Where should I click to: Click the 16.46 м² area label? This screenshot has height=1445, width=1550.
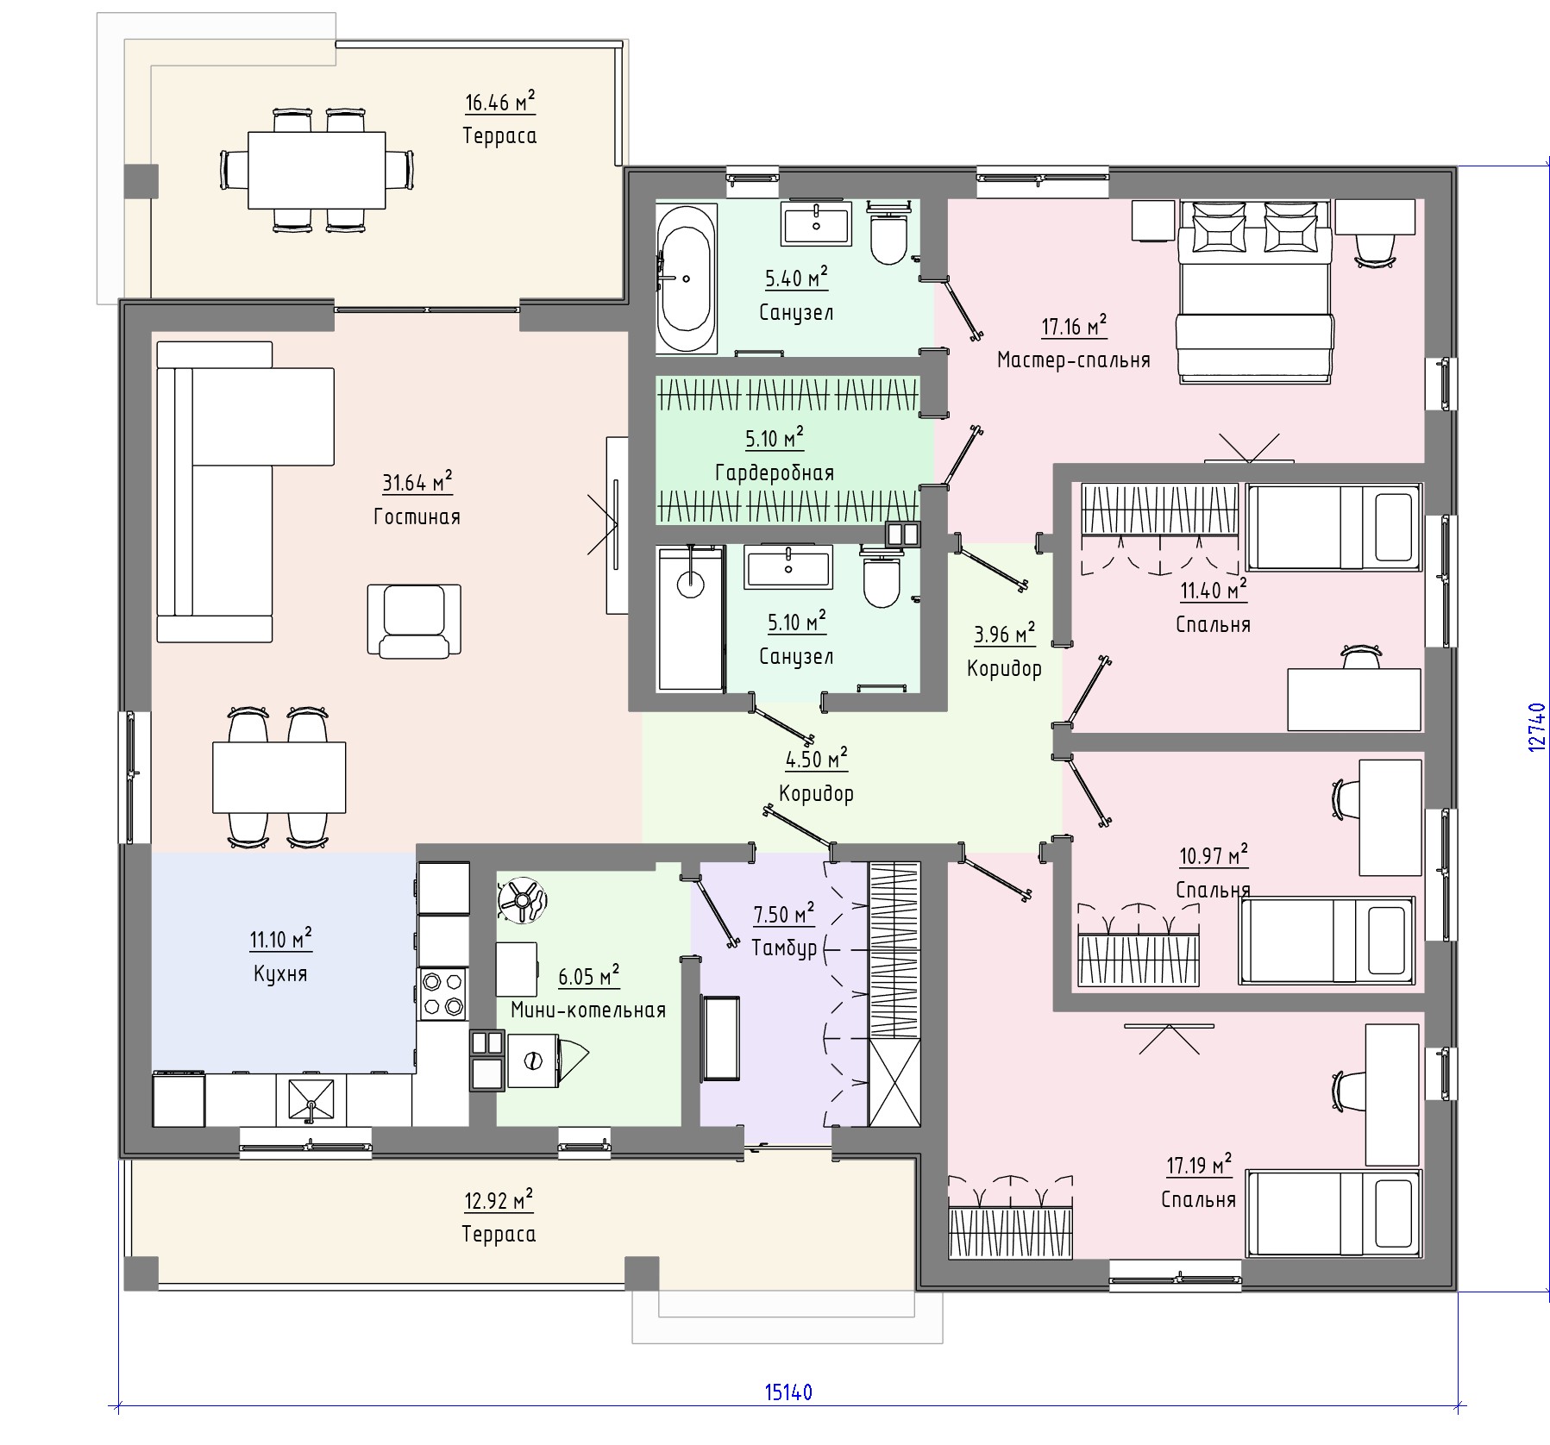point(499,103)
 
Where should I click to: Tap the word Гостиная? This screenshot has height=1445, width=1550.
point(417,516)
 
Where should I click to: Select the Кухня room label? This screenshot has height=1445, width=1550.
point(280,973)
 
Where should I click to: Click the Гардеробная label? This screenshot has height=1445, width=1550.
point(775,472)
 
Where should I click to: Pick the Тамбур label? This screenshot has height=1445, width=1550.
point(783,948)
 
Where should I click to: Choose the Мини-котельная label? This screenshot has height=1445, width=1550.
point(588,1010)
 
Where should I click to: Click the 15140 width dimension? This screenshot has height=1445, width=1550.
point(788,1417)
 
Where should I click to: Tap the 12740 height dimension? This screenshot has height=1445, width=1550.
point(1536,727)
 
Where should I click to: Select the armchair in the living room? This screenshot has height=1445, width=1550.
point(414,621)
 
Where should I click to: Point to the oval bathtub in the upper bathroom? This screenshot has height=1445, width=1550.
point(687,278)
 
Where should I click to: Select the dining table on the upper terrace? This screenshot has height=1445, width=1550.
point(317,170)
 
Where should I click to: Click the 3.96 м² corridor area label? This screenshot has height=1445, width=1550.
point(1003,635)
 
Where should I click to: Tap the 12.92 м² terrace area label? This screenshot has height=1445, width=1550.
point(499,1201)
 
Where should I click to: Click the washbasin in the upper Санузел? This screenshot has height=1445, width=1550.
point(816,222)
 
